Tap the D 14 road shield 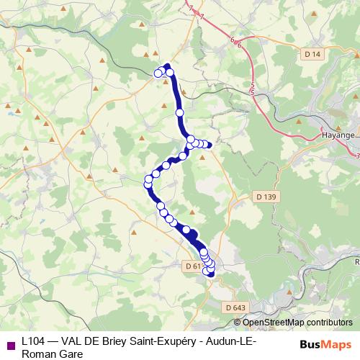(x=312, y=54)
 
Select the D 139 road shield (x=266, y=196)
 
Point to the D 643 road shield (x=235, y=307)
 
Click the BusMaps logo (x=326, y=343)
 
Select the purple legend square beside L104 (x=10, y=344)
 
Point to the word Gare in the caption (x=72, y=353)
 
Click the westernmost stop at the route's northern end (x=158, y=72)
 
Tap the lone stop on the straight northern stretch (x=180, y=112)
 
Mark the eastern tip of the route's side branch (x=210, y=145)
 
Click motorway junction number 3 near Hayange (x=358, y=154)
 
